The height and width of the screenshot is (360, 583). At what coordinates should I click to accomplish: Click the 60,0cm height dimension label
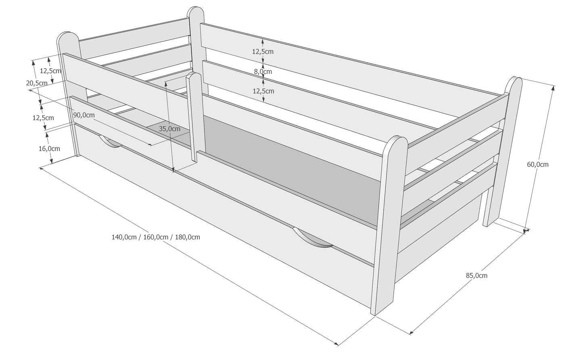pos(538,164)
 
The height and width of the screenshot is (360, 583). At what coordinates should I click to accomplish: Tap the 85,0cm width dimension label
pos(476,275)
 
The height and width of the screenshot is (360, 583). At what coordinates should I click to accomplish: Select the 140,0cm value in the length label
pos(124,237)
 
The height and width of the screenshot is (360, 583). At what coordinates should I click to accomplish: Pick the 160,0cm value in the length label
pos(156,237)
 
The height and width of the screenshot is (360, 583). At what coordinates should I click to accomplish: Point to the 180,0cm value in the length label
pos(187,237)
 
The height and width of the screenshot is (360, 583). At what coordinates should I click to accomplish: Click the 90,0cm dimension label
pos(84,115)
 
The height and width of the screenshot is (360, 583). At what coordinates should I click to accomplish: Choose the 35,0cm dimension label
pos(170,129)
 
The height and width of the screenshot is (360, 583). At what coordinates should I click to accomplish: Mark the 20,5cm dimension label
pos(37,83)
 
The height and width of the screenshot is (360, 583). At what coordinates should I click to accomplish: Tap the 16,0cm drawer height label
pos(49,149)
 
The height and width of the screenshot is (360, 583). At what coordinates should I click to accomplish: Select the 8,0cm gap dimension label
pos(263,71)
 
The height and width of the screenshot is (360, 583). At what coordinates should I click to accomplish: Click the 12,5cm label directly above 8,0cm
pos(263,52)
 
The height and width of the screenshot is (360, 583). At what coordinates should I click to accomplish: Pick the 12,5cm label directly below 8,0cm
pos(263,91)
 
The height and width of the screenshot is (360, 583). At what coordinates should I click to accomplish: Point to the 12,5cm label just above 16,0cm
pos(43,118)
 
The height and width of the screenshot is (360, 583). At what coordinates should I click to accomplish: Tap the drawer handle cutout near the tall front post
pos(312,238)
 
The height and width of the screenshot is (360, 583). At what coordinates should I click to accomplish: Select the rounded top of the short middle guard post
pos(194,76)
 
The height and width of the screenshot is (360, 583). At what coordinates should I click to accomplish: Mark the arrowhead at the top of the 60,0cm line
pos(553,88)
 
